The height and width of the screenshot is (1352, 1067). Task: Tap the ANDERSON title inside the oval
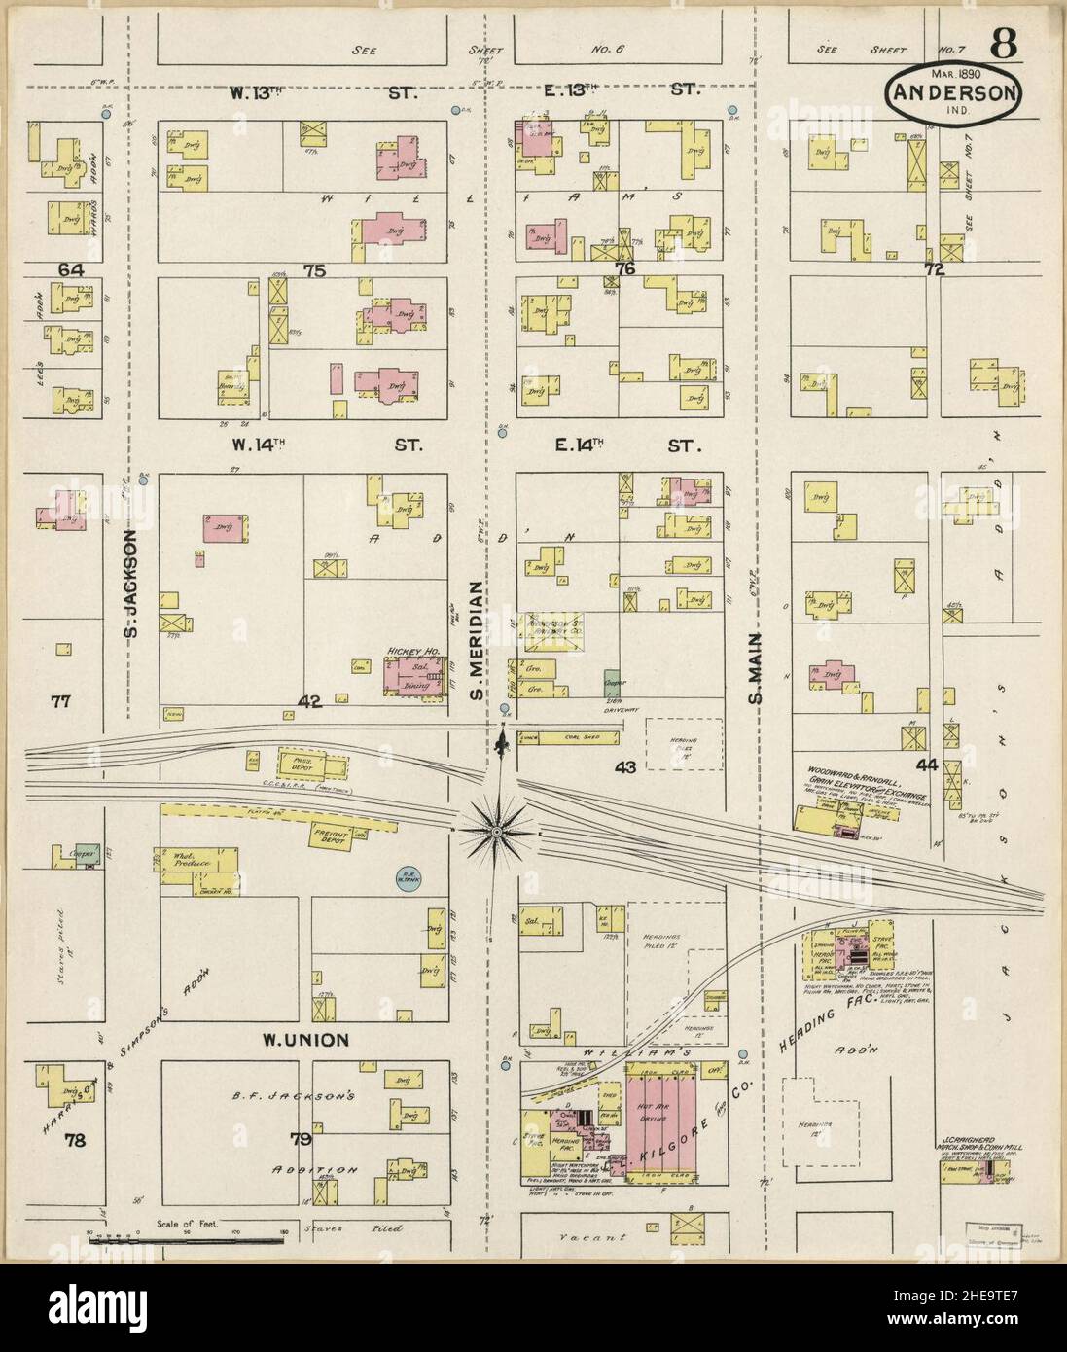[952, 93]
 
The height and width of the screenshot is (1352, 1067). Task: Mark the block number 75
[312, 271]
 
